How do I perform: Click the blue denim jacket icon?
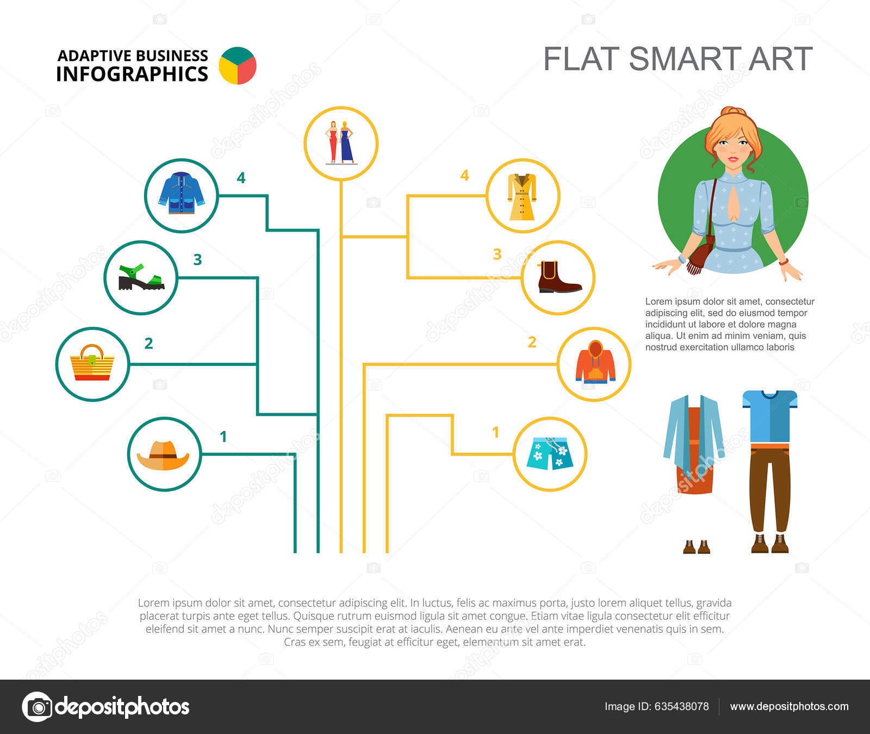click(x=181, y=194)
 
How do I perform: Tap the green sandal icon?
click(x=141, y=277)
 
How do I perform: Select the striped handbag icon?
click(x=92, y=363)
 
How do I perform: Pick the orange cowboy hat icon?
click(x=163, y=456)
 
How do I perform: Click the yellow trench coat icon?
click(x=523, y=196)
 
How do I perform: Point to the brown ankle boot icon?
click(x=559, y=278)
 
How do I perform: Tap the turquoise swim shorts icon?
click(x=549, y=453)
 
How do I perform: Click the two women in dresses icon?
click(x=340, y=142)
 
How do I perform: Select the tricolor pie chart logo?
click(x=238, y=66)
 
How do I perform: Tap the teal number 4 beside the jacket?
click(x=241, y=178)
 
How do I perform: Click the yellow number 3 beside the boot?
click(x=497, y=254)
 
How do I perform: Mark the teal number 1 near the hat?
click(x=223, y=436)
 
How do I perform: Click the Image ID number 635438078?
click(x=681, y=706)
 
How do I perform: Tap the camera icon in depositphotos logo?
click(x=38, y=707)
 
